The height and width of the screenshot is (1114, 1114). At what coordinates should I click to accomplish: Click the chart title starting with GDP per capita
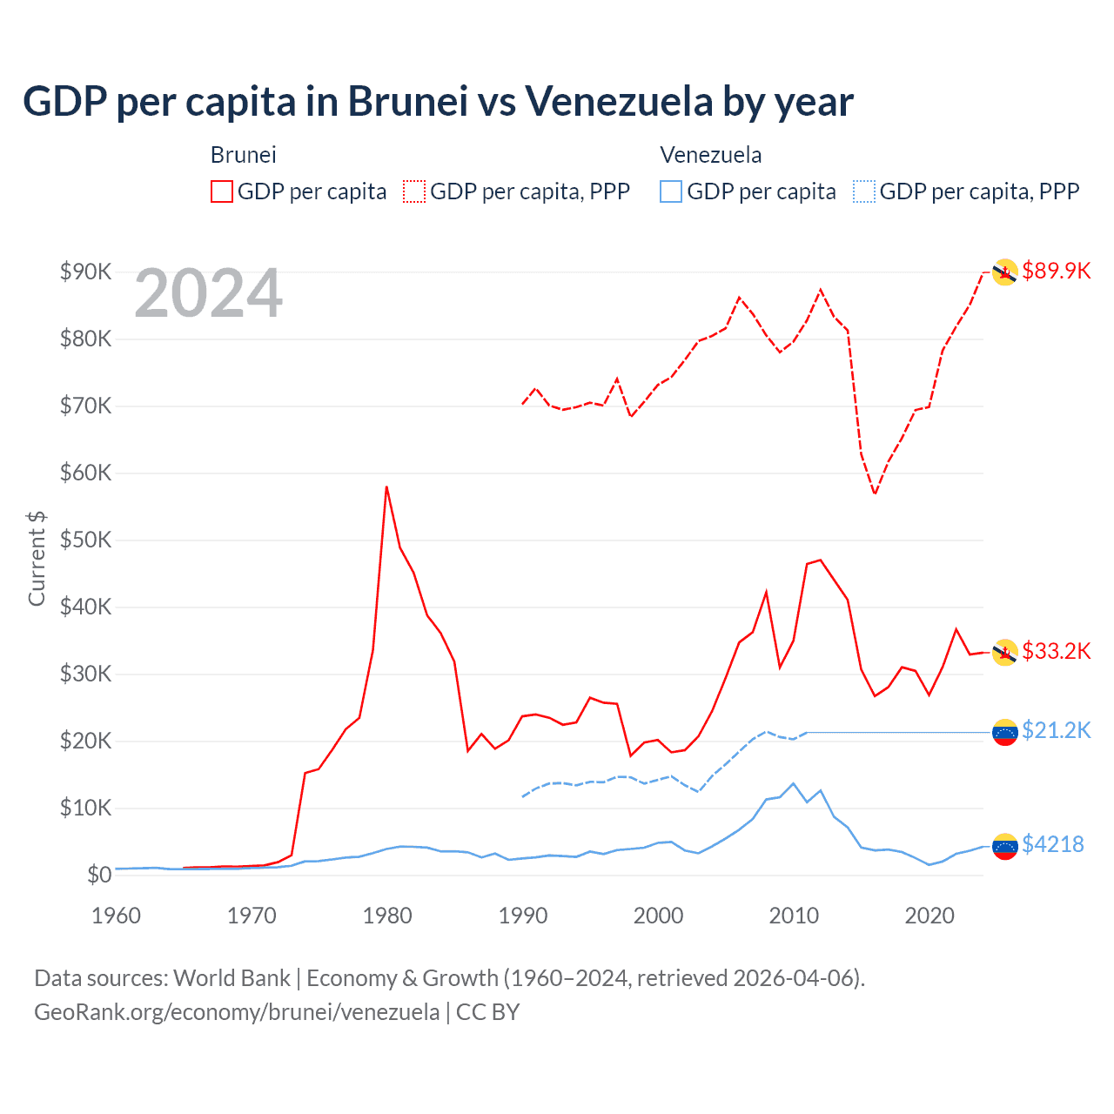(x=438, y=102)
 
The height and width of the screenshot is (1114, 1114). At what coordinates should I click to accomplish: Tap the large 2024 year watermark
(x=208, y=294)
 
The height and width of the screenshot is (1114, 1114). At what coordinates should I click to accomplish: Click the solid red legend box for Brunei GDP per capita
(x=222, y=191)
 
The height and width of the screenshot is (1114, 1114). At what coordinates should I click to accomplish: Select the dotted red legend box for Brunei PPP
(x=414, y=191)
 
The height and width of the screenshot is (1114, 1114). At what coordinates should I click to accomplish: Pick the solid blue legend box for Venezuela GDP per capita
(x=671, y=191)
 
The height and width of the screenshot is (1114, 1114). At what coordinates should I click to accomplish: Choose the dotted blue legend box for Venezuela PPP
(x=864, y=191)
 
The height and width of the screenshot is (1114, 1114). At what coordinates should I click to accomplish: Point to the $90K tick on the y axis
(x=85, y=272)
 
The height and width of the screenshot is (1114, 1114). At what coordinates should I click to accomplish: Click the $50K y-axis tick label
(x=85, y=540)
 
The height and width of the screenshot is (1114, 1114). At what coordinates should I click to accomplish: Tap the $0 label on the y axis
(x=98, y=875)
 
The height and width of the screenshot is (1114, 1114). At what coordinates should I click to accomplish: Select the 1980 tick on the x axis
(x=387, y=916)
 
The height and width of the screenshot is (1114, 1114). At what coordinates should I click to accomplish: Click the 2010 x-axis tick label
(x=794, y=916)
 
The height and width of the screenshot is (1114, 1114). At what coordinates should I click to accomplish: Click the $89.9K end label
(x=1056, y=271)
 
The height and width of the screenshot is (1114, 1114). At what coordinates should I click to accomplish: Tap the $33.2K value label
(x=1056, y=651)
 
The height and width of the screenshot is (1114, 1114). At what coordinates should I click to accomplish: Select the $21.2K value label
(x=1056, y=730)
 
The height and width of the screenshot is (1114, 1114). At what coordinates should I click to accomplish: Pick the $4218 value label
(x=1052, y=844)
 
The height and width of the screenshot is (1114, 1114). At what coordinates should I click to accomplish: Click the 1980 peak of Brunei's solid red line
(x=386, y=487)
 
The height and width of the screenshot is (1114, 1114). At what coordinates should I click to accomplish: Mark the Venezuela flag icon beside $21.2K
(x=1005, y=733)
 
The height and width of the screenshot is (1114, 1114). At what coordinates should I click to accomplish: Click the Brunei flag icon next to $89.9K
(x=1005, y=272)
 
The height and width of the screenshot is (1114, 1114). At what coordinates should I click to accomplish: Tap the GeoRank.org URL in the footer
(x=237, y=1012)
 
